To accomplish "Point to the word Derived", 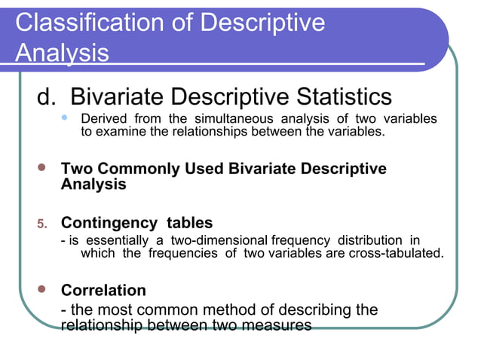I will [x=103, y=119].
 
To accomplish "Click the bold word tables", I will [x=188, y=223].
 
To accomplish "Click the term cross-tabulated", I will [x=397, y=252].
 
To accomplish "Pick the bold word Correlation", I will [x=103, y=290].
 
